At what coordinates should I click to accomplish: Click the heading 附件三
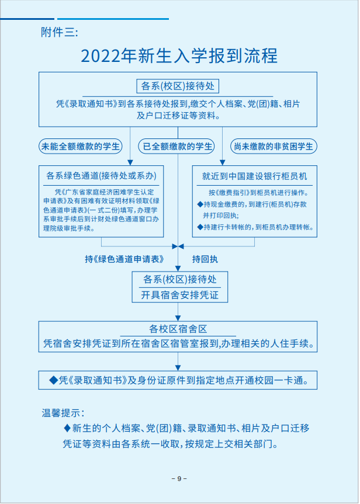coord(59,33)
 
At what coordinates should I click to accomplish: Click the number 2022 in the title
coord(101,56)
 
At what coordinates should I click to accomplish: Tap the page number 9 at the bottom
coord(179,478)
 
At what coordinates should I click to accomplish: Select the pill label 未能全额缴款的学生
coord(81,146)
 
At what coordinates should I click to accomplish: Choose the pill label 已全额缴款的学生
coord(178,146)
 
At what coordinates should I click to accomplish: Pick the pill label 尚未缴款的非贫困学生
coord(274,146)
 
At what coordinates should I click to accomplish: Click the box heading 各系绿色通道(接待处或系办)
coord(101,176)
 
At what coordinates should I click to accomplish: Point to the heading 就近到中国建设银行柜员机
coord(254,176)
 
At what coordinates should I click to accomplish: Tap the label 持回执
coord(205,259)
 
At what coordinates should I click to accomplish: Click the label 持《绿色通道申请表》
coord(124,259)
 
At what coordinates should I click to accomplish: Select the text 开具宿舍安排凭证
coord(180,295)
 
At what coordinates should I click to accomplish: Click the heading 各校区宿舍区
coord(178,329)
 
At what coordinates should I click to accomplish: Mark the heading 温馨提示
coord(63,413)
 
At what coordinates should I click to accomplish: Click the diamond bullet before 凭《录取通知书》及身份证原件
coord(53,380)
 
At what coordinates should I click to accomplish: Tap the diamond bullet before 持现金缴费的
coord(200,204)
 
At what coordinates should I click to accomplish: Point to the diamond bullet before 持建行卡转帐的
coord(200,227)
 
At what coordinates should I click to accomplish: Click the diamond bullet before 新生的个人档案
coord(67,428)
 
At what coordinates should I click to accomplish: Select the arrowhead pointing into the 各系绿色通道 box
coord(130,162)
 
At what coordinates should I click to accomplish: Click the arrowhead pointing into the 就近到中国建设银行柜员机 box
coord(222,162)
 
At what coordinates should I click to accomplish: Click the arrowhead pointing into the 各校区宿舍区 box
coord(178,318)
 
